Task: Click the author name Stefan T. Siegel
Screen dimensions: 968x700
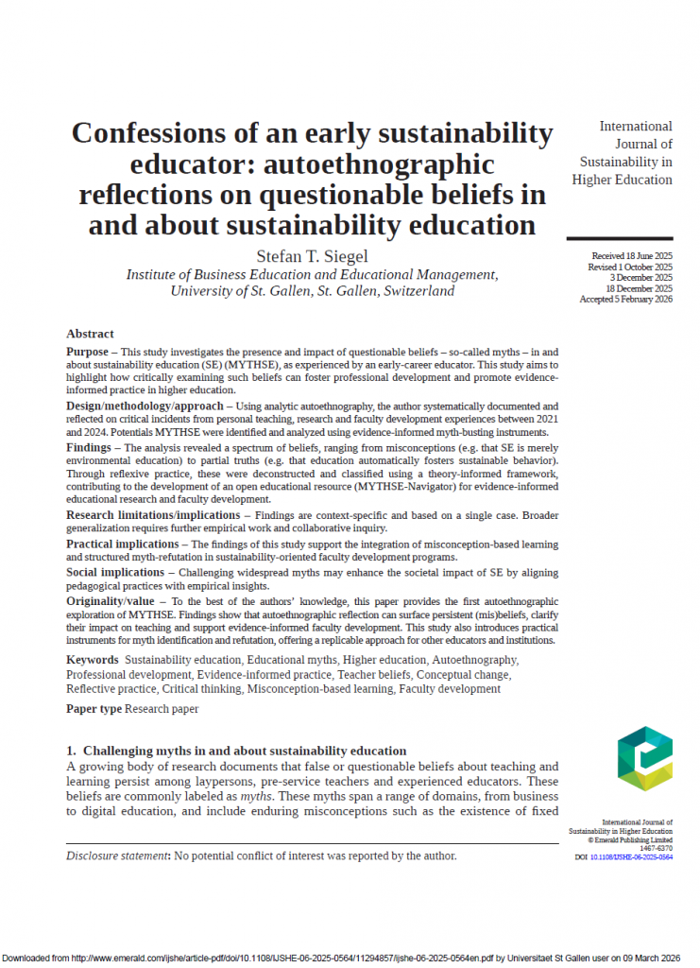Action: click(x=313, y=256)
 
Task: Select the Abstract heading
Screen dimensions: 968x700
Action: click(x=90, y=334)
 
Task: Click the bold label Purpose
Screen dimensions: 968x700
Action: click(x=87, y=352)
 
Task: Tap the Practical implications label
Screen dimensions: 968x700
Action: click(x=122, y=544)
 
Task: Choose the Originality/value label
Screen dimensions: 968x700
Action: click(x=111, y=600)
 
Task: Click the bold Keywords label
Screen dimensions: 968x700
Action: click(x=93, y=659)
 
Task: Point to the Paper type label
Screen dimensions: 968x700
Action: click(x=94, y=709)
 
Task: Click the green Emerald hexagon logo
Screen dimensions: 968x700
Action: click(x=644, y=758)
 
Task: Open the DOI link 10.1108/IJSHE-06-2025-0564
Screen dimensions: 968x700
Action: click(x=631, y=856)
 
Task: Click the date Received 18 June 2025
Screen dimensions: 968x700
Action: click(x=632, y=256)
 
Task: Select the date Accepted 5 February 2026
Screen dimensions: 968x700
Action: click(x=626, y=299)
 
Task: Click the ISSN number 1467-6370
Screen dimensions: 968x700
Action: click(x=654, y=848)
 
